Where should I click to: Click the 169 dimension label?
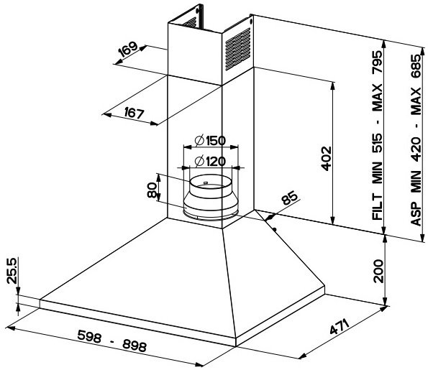[128, 49]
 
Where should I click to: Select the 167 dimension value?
[134, 113]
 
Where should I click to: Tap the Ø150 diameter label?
[211, 141]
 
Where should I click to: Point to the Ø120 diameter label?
[211, 162]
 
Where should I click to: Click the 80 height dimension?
[152, 190]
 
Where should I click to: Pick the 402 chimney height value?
[327, 159]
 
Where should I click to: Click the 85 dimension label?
[290, 198]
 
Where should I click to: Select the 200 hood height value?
[378, 271]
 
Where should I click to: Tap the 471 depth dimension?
[340, 327]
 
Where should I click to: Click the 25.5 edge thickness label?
[12, 271]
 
